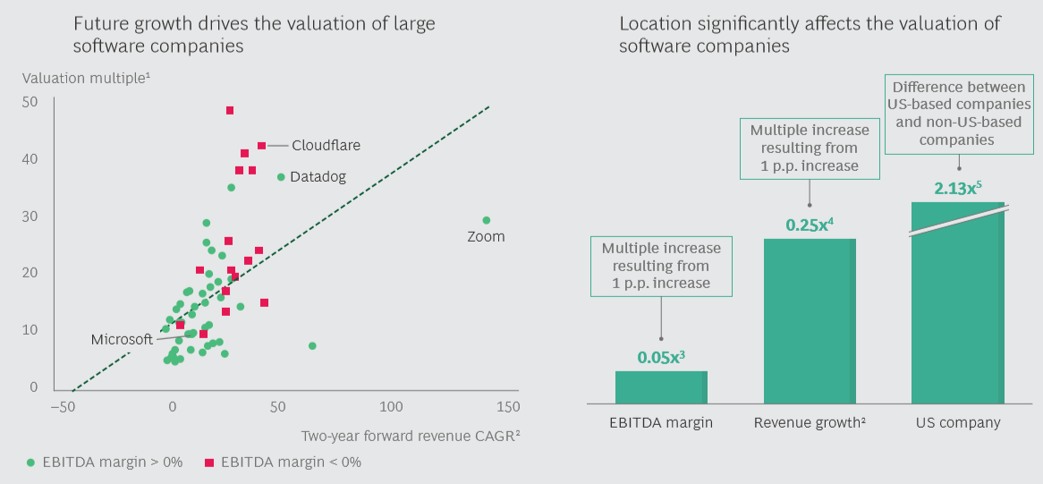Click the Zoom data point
click(487, 220)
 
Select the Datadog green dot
click(281, 177)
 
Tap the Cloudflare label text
click(326, 145)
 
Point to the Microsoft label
click(122, 340)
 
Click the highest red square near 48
click(230, 110)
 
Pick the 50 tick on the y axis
click(30, 102)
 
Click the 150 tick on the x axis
click(507, 407)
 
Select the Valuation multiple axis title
click(86, 78)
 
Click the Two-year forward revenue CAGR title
click(411, 436)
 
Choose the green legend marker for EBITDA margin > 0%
click(30, 463)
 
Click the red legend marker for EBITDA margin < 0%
click(208, 463)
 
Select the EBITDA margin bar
click(661, 386)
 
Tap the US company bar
click(957, 313)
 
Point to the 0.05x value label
click(661, 357)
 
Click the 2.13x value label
click(958, 189)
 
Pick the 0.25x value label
click(810, 225)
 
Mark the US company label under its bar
click(958, 422)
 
